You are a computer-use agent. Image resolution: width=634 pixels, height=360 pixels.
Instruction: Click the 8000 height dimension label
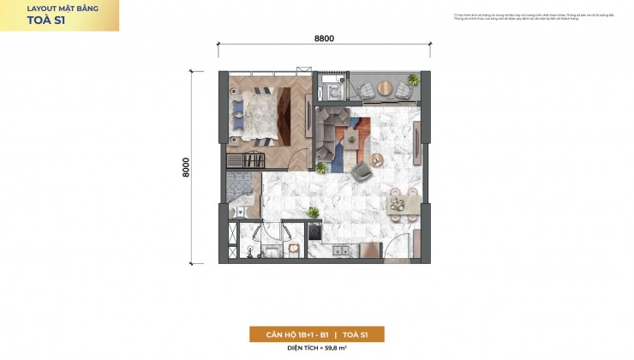coord(186,166)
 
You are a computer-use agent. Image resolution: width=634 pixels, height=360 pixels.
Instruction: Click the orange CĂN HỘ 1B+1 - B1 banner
coord(317,334)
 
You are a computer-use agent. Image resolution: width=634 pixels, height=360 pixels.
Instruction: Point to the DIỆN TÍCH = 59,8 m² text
coord(317,349)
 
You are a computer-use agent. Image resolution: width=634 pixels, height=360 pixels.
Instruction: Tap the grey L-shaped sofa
coord(330,129)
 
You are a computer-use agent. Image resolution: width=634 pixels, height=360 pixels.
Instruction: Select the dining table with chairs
coord(400,201)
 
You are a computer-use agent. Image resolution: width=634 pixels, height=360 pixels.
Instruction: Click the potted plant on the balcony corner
coord(413,80)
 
